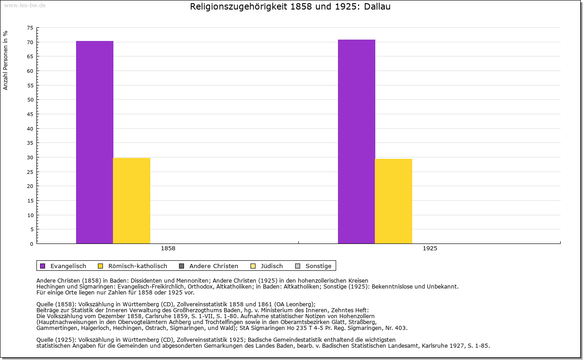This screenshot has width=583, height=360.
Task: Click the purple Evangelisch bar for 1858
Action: click(94, 142)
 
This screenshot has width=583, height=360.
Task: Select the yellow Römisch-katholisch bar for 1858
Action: click(132, 200)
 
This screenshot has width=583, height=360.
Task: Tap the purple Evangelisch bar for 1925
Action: click(356, 141)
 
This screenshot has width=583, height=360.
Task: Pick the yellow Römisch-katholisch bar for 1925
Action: click(394, 201)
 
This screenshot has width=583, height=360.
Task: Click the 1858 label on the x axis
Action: click(168, 249)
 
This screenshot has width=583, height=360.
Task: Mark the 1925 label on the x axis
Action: click(430, 249)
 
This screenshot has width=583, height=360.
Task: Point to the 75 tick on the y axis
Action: click(30, 28)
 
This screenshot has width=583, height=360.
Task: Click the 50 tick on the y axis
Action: click(30, 100)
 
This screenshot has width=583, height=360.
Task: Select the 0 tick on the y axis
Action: click(31, 244)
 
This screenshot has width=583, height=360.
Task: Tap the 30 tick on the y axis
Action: click(30, 157)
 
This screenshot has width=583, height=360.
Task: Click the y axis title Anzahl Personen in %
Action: click(6, 61)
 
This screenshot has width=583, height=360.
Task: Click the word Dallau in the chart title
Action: click(377, 7)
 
